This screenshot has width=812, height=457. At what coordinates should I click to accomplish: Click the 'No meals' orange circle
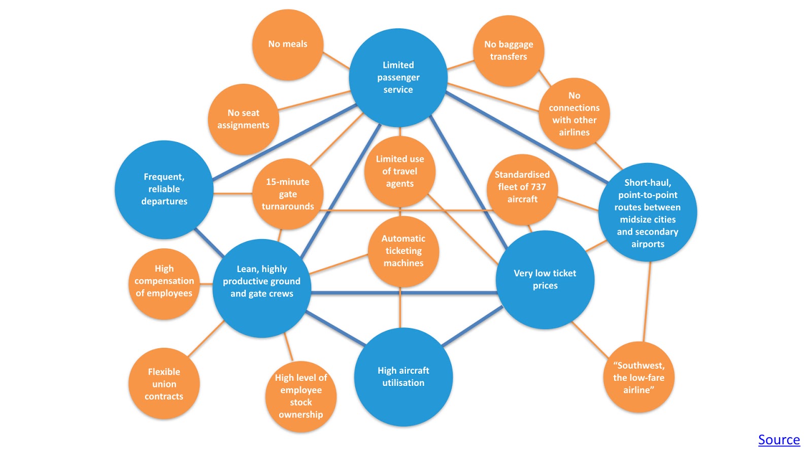pyautogui.click(x=288, y=44)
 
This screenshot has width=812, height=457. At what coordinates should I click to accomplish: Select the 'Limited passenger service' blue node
pyautogui.click(x=398, y=77)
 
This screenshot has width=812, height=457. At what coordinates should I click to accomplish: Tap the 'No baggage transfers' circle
pyautogui.click(x=509, y=51)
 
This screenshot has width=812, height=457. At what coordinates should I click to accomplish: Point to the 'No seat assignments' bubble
pyautogui.click(x=244, y=119)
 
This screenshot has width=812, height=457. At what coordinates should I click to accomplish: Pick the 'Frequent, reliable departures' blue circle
pyautogui.click(x=164, y=189)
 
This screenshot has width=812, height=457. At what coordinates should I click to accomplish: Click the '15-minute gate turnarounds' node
pyautogui.click(x=288, y=194)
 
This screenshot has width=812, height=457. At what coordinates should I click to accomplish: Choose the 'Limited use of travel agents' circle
pyautogui.click(x=400, y=172)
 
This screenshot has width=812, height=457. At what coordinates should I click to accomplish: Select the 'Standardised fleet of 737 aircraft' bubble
pyautogui.click(x=522, y=187)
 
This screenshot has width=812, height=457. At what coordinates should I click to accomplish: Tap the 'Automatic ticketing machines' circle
pyautogui.click(x=403, y=251)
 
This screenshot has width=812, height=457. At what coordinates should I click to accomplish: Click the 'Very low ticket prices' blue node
pyautogui.click(x=545, y=280)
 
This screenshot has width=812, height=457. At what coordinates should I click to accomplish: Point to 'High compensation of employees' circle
pyautogui.click(x=164, y=281)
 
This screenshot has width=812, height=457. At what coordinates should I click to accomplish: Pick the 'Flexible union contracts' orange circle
pyautogui.click(x=164, y=384)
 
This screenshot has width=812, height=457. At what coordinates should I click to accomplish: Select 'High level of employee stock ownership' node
pyautogui.click(x=301, y=397)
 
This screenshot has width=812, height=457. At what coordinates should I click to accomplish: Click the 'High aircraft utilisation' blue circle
pyautogui.click(x=403, y=377)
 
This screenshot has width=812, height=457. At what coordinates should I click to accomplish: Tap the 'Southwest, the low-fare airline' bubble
pyautogui.click(x=638, y=378)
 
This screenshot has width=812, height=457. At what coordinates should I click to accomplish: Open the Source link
pyautogui.click(x=779, y=440)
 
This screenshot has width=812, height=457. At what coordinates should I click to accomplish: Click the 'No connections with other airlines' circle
pyautogui.click(x=574, y=114)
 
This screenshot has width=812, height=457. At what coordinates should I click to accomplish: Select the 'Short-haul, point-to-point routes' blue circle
pyautogui.click(x=648, y=213)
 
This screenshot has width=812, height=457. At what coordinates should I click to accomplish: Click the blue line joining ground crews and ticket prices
pyautogui.click(x=403, y=293)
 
